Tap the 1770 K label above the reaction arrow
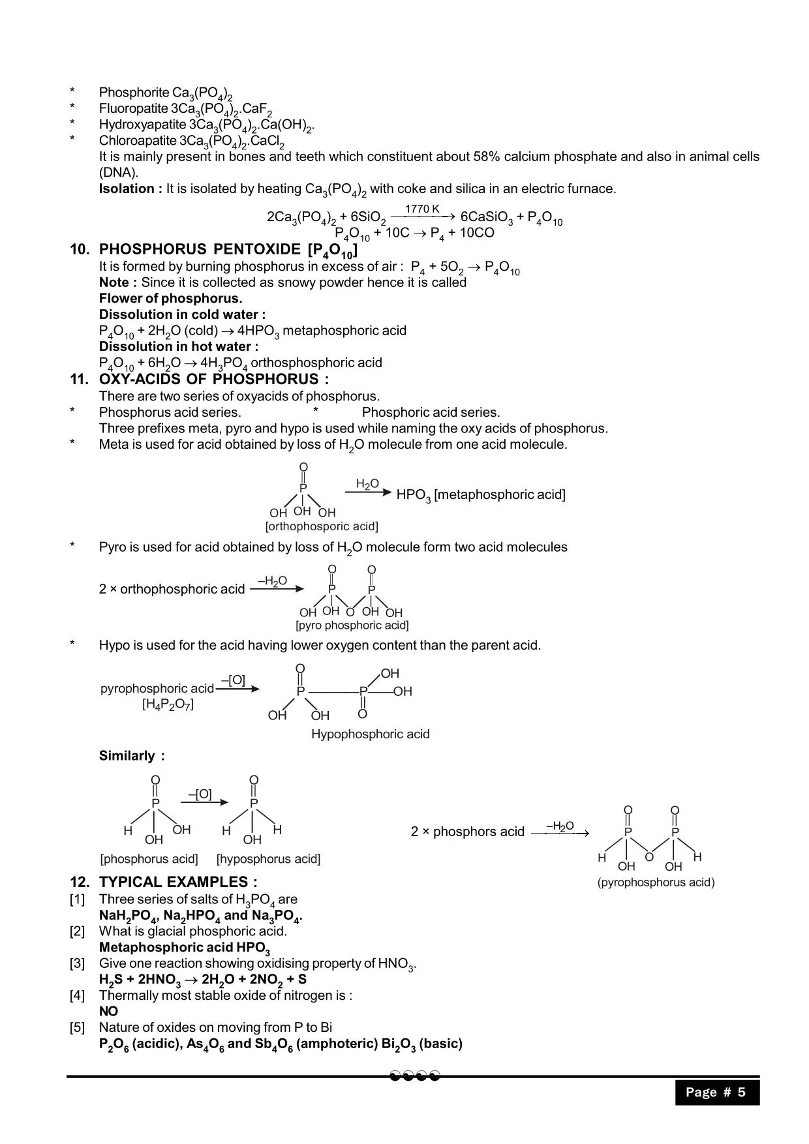[x=422, y=209]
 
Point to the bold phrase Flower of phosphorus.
[x=170, y=299]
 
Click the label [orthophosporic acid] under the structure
[x=322, y=526]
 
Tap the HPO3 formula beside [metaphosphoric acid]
[x=414, y=495]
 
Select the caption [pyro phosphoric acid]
[x=352, y=625]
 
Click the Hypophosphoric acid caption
[x=370, y=734]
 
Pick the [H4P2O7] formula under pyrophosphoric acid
[x=168, y=704]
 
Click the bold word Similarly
[x=127, y=756]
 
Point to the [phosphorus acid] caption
[x=149, y=859]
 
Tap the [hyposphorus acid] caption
[x=268, y=859]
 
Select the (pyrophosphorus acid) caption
[x=656, y=882]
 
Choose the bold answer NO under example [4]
[x=108, y=1012]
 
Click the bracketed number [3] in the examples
[x=78, y=963]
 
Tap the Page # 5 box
[x=717, y=1092]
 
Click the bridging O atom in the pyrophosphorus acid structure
[x=649, y=856]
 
